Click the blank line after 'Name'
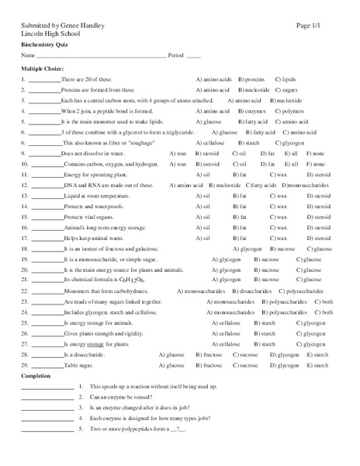(x=102, y=56)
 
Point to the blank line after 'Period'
(x=193, y=56)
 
